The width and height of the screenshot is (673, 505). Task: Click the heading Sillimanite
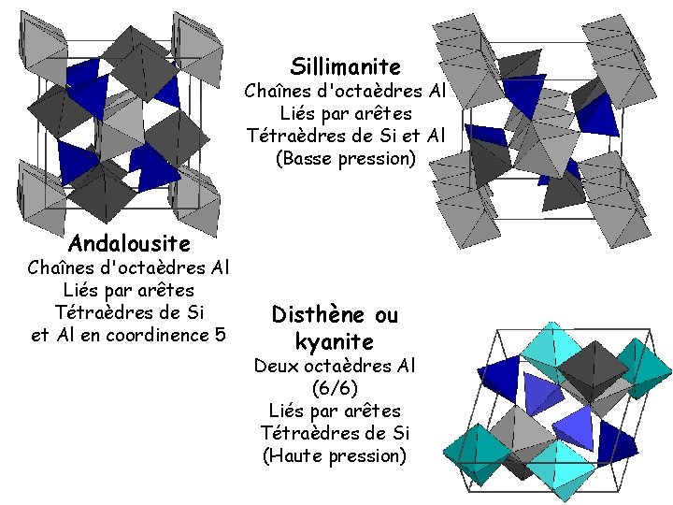345,67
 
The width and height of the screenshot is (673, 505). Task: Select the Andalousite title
129,245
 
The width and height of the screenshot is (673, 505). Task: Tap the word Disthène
314,314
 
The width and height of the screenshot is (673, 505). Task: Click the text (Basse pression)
345,158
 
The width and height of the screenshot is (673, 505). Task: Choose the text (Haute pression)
335,456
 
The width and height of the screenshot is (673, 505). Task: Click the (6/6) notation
335,387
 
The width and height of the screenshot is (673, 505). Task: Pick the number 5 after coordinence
221,334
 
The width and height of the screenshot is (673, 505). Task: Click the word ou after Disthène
386,314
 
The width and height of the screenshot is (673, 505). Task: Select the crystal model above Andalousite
122,117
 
